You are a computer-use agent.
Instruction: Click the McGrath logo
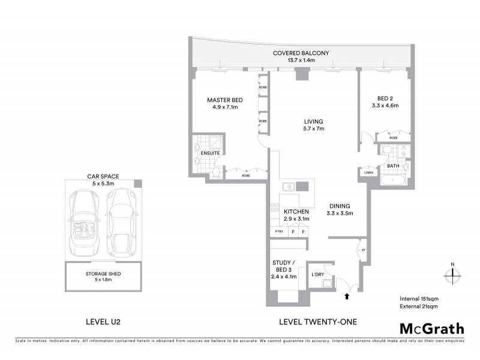tap(431, 328)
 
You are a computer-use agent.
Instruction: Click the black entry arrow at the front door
tap(346, 295)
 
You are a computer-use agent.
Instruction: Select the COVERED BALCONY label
tap(301, 53)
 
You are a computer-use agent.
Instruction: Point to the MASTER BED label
tap(224, 100)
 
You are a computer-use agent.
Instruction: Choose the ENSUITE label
tap(210, 153)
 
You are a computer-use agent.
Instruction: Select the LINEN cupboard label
tap(368, 173)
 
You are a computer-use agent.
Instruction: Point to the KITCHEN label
tap(296, 212)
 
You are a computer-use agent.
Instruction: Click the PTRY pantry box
tap(278, 232)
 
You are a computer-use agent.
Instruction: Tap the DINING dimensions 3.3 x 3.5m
tap(339, 213)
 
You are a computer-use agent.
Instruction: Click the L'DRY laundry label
tap(317, 275)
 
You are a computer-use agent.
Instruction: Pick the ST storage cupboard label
tap(362, 249)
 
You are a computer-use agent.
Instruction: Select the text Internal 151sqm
tap(419, 298)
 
